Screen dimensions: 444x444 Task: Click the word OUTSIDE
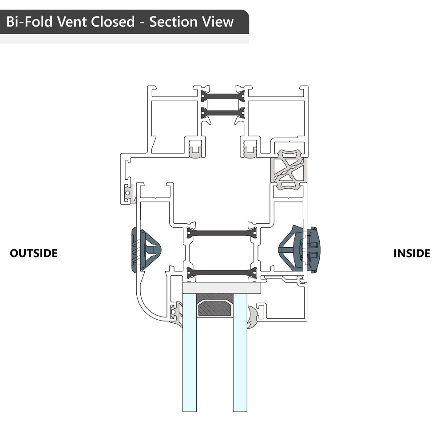click(x=34, y=253)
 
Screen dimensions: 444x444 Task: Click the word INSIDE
click(x=412, y=253)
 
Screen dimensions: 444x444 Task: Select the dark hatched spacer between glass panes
click(x=214, y=307)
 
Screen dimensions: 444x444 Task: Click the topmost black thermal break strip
click(x=222, y=95)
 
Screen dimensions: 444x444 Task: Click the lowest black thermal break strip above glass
click(x=222, y=272)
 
